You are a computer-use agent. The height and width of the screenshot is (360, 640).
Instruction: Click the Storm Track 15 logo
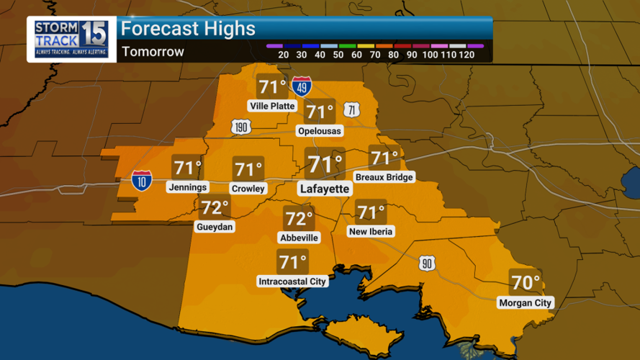point(72,39)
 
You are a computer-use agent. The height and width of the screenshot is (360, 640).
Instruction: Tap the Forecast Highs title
point(188,29)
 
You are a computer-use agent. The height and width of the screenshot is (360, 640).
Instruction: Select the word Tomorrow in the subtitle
point(153,52)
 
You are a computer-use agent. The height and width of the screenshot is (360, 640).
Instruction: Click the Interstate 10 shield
point(142,180)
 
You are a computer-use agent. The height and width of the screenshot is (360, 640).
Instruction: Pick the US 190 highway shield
point(240,127)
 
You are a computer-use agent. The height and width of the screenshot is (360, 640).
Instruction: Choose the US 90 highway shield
point(427,264)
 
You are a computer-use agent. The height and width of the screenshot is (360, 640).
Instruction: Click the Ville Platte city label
point(273,106)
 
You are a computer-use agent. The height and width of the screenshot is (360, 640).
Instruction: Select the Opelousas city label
point(320,131)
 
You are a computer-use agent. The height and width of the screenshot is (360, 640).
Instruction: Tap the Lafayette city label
point(325,189)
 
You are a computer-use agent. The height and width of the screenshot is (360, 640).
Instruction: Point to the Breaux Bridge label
point(384,177)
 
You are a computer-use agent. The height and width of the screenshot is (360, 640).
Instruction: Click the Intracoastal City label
point(293,282)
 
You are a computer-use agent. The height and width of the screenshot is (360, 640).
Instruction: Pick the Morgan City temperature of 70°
point(525,282)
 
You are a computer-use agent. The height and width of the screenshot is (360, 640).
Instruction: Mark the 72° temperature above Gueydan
point(215,208)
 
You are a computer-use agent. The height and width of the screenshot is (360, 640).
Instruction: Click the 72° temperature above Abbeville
point(298,218)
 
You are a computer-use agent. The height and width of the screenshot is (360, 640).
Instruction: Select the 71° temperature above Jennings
point(187,168)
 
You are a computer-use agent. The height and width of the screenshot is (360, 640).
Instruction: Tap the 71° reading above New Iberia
point(371,212)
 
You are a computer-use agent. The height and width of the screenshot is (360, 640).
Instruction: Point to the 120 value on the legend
point(467,55)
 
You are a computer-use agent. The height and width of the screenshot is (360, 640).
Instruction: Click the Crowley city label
point(248,189)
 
